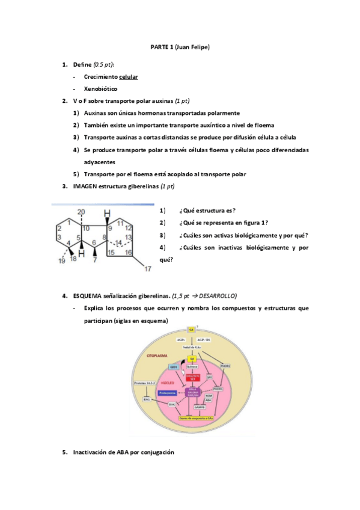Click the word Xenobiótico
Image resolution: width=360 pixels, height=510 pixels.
(101, 88)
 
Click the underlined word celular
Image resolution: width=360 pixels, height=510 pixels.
(129, 76)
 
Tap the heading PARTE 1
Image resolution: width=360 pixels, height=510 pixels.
(161, 46)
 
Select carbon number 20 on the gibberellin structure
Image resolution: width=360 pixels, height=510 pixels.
(81, 211)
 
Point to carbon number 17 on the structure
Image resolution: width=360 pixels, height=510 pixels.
(148, 268)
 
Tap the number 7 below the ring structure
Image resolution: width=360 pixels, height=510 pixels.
(95, 260)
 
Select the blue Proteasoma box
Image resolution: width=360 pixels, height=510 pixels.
(167, 392)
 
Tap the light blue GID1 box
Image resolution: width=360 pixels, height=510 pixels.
(174, 366)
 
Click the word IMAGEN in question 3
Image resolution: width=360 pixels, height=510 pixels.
(85, 186)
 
